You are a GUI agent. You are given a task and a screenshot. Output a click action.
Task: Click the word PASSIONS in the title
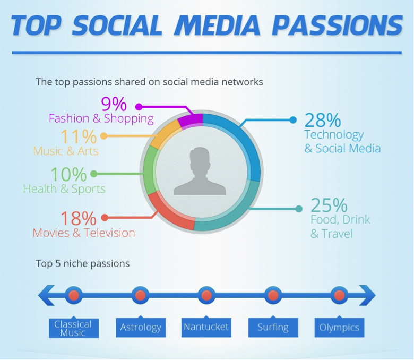click(x=337, y=25)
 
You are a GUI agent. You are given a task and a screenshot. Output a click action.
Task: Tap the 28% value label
click(x=323, y=120)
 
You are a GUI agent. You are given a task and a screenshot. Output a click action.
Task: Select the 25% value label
click(x=329, y=205)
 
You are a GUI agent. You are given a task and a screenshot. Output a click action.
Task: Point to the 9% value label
click(x=114, y=104)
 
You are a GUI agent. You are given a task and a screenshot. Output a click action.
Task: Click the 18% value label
click(x=79, y=218)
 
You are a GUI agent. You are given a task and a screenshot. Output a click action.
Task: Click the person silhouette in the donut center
click(x=200, y=172)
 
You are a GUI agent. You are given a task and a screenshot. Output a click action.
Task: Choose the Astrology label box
click(x=141, y=327)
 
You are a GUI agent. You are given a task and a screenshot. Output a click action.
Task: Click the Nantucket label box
click(x=206, y=327)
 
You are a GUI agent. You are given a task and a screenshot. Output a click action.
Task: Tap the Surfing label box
click(x=273, y=327)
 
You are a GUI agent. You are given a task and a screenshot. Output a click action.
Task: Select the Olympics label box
click(x=339, y=327)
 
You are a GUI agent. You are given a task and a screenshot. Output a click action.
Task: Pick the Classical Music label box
click(x=74, y=328)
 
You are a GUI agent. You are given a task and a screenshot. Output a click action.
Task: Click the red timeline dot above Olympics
click(x=339, y=295)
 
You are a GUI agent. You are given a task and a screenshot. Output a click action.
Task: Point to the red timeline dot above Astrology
click(x=140, y=295)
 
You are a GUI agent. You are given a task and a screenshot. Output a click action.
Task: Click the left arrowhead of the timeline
click(x=46, y=295)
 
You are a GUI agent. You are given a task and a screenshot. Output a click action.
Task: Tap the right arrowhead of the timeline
click(x=367, y=295)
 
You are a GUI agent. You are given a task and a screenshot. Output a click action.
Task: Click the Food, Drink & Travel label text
click(x=340, y=226)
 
